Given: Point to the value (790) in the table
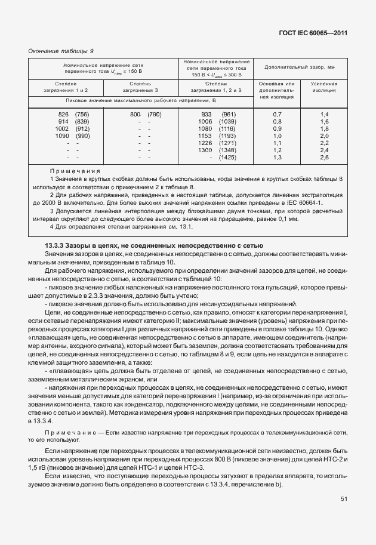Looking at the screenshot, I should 155,114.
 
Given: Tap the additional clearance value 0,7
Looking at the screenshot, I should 277,114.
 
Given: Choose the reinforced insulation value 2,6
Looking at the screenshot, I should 325,158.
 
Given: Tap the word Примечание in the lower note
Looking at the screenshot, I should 67,431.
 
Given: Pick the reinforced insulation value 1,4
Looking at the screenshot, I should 325,114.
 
